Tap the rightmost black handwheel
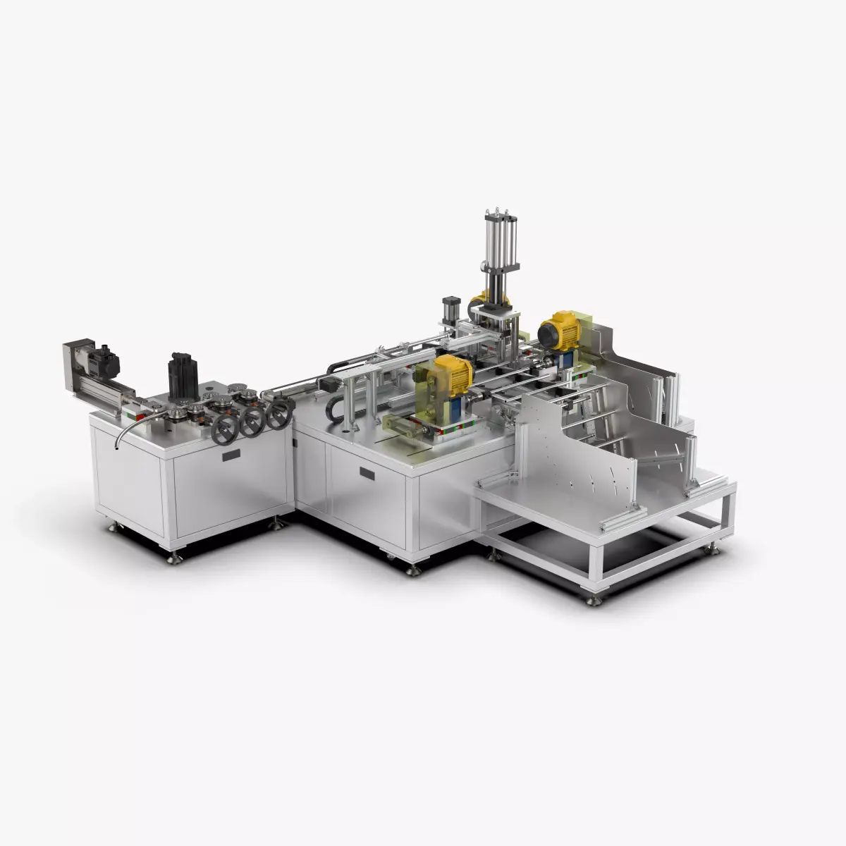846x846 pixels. coord(277,415)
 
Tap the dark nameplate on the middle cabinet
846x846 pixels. coord(367,472)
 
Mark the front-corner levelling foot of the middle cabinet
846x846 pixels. coord(413,568)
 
